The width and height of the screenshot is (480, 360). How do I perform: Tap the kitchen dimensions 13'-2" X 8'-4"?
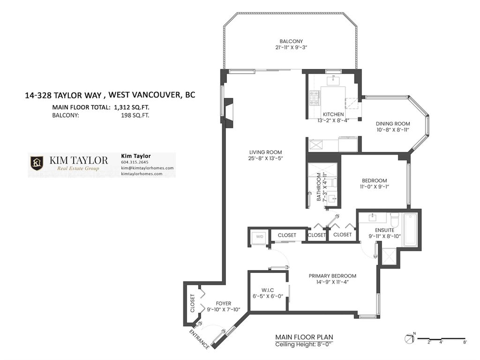point(333,120)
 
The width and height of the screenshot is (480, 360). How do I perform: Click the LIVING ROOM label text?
point(265,152)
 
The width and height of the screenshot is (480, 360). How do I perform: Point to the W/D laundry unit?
point(260,237)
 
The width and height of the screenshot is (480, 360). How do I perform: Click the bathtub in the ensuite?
point(410,230)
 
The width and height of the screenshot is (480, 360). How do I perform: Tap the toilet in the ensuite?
point(394,219)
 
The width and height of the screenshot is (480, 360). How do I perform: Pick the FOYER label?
point(223,304)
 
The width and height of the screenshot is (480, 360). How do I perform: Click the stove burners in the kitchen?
point(314,97)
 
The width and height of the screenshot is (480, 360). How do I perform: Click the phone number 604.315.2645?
point(135,162)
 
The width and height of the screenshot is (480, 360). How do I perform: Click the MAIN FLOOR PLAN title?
point(304,337)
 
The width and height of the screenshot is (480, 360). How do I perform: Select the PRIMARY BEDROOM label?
point(332,276)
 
